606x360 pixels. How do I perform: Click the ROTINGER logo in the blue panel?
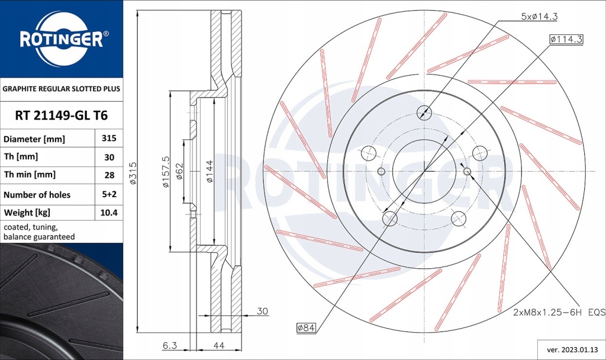click(62, 39)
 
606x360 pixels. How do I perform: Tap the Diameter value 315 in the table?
click(109, 139)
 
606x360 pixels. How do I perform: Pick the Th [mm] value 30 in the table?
click(109, 157)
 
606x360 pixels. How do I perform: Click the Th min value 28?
click(109, 175)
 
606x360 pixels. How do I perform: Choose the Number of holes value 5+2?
click(109, 194)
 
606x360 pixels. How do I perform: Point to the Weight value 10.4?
click(109, 213)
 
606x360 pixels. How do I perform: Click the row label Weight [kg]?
click(27, 213)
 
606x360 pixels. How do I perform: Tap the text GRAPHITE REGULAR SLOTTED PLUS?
click(62, 89)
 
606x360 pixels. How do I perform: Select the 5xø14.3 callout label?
click(539, 17)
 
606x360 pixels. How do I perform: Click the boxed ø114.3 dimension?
click(566, 39)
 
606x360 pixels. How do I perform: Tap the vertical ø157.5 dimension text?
click(166, 172)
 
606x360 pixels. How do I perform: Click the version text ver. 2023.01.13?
click(569, 349)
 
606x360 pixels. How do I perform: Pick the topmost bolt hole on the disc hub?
click(424, 112)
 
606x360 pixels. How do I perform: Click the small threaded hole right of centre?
click(468, 172)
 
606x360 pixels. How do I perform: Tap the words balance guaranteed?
click(39, 236)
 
